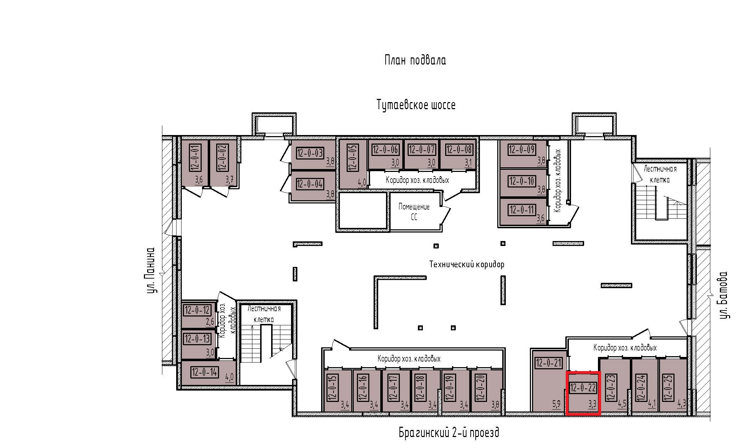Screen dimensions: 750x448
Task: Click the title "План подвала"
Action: [x=415, y=60]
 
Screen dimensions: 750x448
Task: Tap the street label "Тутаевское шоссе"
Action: [x=416, y=105]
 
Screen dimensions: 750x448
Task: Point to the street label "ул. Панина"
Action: [x=151, y=270]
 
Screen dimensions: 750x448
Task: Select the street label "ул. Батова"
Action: [x=723, y=295]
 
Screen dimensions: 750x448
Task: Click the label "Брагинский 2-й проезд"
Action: [x=449, y=432]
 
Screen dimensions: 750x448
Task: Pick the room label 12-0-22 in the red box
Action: [x=583, y=388]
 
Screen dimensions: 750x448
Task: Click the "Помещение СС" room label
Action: [x=414, y=212]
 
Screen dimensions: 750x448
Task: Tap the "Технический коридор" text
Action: [x=467, y=264]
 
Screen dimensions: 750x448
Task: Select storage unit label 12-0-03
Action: [x=310, y=153]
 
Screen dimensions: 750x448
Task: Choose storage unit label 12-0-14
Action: [x=205, y=372]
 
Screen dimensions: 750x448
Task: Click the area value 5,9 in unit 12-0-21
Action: [x=556, y=404]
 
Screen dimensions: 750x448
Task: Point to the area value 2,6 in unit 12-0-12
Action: [x=210, y=322]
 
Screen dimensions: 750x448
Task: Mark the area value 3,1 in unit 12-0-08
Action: [x=468, y=163]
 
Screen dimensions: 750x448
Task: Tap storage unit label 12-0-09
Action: [x=522, y=150]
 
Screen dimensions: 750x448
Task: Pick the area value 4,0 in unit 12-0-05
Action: [x=362, y=183]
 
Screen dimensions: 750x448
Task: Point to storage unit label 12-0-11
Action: [x=522, y=210]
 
